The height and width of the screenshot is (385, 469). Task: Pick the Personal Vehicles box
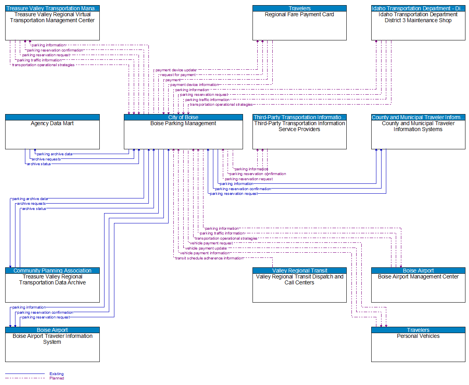click(x=418, y=347)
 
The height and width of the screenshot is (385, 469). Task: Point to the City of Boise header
click(x=183, y=117)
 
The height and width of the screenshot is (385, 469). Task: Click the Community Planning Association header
click(x=52, y=271)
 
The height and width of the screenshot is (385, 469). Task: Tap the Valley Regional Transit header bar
click(x=299, y=271)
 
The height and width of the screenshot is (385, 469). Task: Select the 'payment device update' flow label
click(x=176, y=70)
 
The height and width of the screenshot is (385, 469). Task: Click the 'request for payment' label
click(x=178, y=75)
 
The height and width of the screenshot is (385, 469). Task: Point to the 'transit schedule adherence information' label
click(x=209, y=258)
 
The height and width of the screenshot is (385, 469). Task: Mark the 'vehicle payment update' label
click(x=206, y=248)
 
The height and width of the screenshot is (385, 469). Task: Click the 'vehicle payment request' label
click(x=211, y=243)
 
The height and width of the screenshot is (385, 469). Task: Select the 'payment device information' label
click(x=194, y=85)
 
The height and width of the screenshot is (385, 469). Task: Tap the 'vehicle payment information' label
click(x=204, y=253)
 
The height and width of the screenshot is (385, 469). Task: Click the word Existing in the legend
click(x=57, y=374)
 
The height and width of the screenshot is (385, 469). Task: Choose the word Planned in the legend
click(x=57, y=378)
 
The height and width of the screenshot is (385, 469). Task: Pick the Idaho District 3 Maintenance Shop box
click(x=418, y=26)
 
